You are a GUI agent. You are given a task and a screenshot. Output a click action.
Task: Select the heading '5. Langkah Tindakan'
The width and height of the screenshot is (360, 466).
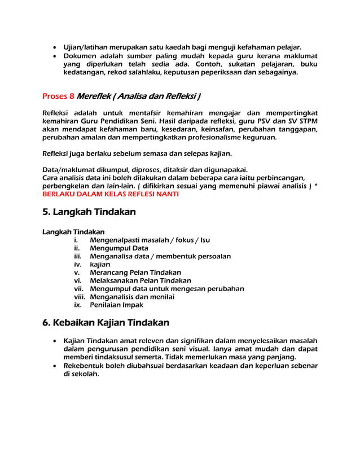[x=89, y=213]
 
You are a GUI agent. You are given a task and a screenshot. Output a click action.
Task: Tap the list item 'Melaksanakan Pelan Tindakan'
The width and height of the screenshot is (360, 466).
[x=141, y=280]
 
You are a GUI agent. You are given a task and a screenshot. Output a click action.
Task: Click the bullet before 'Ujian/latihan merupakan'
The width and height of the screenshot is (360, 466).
[x=54, y=47]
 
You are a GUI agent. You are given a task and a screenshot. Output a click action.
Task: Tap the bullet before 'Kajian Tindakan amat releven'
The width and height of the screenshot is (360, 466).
[x=54, y=341]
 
